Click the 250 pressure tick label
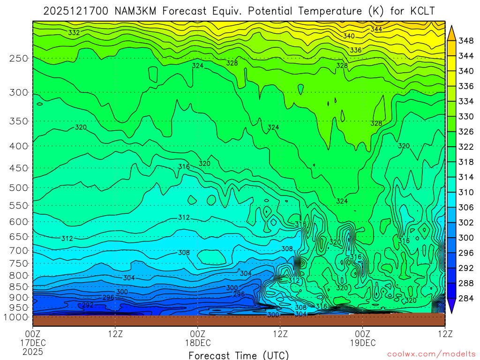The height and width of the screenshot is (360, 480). coord(18,58)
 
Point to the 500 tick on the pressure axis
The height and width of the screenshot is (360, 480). coord(18,187)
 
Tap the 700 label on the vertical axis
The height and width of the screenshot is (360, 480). coord(18,249)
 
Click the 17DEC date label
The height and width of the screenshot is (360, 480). coord(33,342)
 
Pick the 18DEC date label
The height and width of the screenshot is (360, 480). coord(198,342)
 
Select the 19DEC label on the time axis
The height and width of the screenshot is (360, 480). coord(363,342)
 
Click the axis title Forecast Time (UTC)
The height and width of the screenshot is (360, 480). coord(239,355)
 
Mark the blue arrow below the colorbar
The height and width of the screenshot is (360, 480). coord(452,307)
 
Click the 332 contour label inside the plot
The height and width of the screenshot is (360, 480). coord(74,33)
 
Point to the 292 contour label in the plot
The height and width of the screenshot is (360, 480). coord(88,305)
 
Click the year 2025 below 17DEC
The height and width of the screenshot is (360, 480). coord(33,351)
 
